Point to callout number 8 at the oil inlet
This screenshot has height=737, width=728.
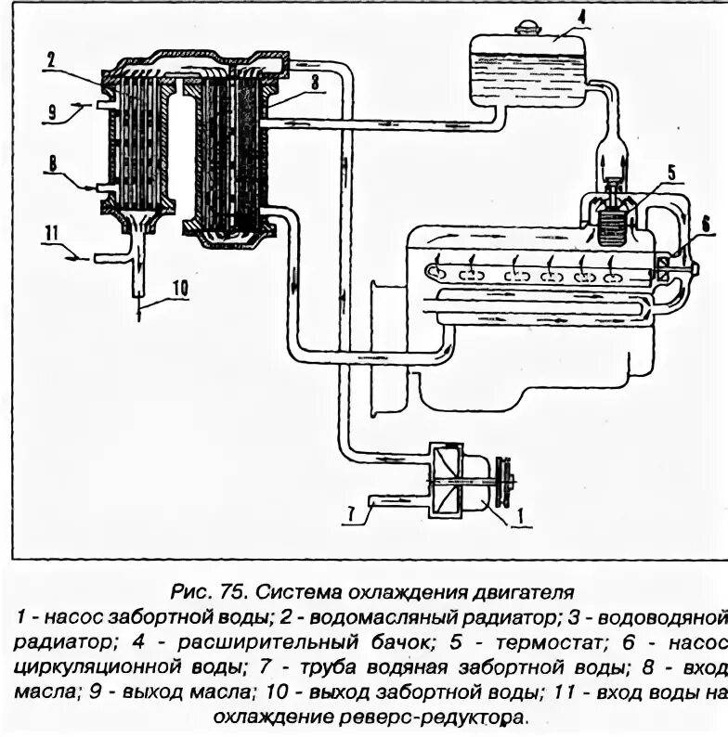point(53,171)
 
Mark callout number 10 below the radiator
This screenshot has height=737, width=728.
point(179,287)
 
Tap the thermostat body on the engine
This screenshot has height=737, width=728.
point(612,223)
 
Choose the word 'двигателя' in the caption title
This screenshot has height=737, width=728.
point(513,590)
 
